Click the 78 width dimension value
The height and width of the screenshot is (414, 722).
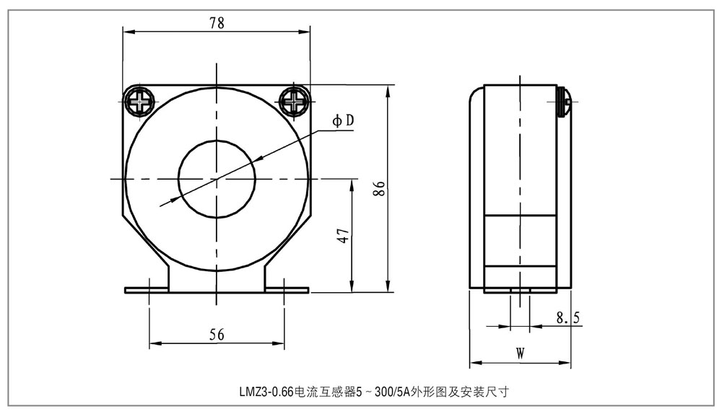click(x=217, y=22)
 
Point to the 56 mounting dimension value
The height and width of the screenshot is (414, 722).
click(x=217, y=334)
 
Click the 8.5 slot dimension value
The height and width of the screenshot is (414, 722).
click(x=568, y=317)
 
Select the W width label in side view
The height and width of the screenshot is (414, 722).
click(x=520, y=353)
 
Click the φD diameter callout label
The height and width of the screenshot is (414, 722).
click(x=343, y=121)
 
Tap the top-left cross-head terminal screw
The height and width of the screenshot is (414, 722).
click(x=138, y=101)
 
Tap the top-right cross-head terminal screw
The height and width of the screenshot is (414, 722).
click(x=295, y=101)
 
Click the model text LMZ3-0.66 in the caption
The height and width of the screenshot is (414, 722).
click(x=266, y=393)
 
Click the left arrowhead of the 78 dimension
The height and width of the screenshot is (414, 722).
click(x=128, y=30)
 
